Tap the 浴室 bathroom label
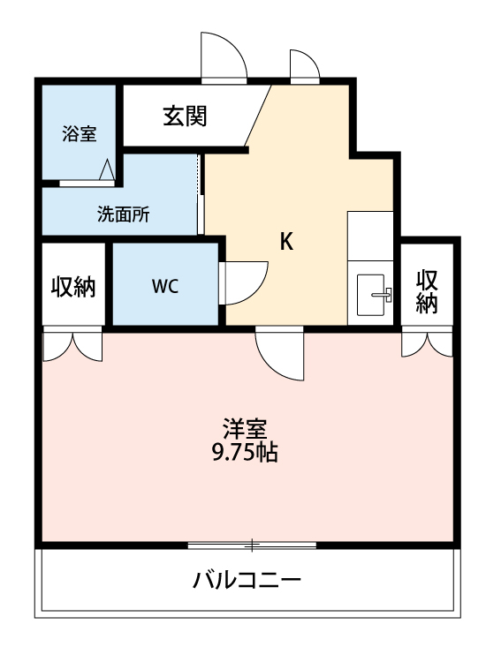[79, 134]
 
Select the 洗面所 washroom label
[123, 214]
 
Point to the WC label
[165, 286]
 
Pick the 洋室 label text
[244, 430]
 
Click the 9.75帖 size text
[244, 454]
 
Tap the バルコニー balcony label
[247, 582]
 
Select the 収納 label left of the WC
[73, 286]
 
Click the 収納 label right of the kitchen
[428, 291]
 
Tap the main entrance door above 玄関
[224, 58]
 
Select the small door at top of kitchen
[304, 66]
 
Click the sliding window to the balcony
[252, 545]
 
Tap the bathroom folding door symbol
[107, 171]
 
